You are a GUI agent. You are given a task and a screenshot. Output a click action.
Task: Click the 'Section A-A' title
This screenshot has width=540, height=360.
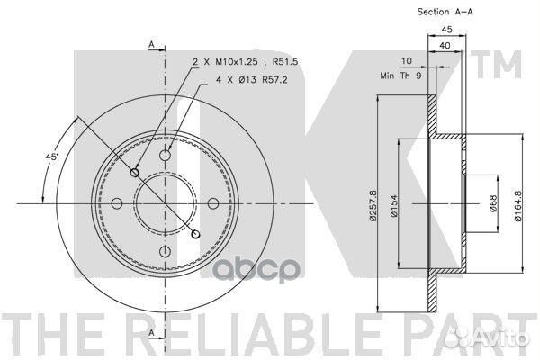[x=445, y=12]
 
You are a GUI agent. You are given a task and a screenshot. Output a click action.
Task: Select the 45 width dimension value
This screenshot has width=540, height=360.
[x=446, y=30]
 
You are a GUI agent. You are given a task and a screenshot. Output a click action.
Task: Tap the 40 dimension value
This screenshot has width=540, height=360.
[x=445, y=45]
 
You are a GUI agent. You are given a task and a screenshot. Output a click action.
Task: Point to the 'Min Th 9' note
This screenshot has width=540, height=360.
[x=400, y=76]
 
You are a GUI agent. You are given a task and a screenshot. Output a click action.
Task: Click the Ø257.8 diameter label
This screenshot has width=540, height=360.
[x=373, y=205]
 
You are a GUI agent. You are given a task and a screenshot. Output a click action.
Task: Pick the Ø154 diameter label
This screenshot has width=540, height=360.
[x=393, y=206]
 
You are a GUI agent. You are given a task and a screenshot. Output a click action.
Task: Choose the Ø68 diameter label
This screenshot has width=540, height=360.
[x=493, y=204]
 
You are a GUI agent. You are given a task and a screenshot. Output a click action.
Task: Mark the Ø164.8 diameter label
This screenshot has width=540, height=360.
[x=518, y=206]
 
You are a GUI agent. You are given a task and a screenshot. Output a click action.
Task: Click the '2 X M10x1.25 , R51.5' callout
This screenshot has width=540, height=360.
[x=245, y=62]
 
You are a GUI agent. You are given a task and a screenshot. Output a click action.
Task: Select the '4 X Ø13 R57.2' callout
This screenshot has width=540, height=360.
[x=252, y=80]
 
